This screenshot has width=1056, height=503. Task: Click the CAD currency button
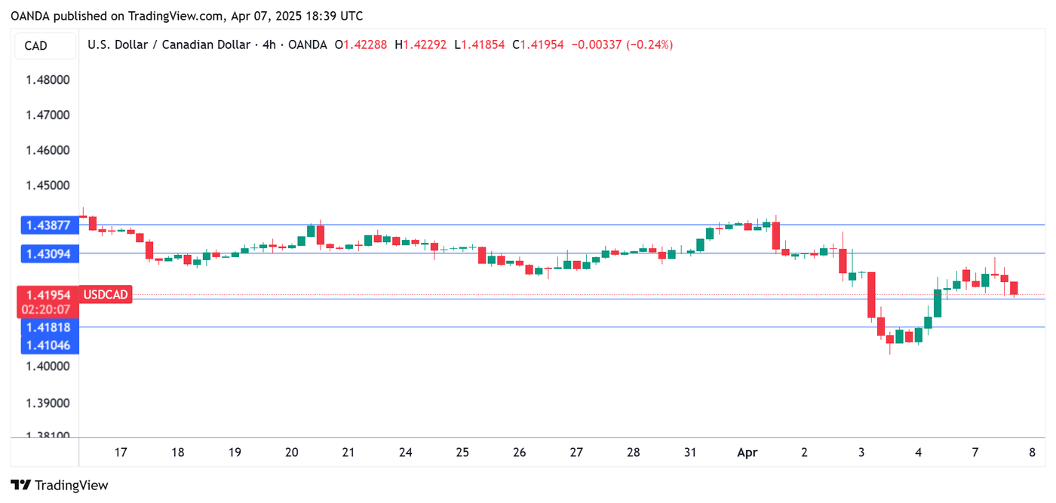coord(36,46)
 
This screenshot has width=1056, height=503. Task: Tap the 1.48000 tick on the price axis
coord(48,80)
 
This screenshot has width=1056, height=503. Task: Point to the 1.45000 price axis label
coord(48,186)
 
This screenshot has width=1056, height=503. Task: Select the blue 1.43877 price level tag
coord(48,225)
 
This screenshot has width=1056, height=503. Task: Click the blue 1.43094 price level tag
coord(48,254)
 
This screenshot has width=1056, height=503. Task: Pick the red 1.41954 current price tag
coord(48,295)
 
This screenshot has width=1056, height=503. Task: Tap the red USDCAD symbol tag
coord(106,295)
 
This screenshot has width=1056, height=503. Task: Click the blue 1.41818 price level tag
coord(48,327)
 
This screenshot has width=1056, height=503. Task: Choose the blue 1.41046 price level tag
coord(48,345)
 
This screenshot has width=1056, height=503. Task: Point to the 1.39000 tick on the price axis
coord(48,403)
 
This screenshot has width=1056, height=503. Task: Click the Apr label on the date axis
coord(747,452)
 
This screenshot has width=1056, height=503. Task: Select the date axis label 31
coord(690,452)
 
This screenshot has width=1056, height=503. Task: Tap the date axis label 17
coord(121,452)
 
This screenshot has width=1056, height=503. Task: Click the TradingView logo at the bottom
coord(60,486)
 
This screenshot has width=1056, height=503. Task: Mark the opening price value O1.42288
coord(361,44)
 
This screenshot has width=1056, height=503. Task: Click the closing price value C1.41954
coord(538,44)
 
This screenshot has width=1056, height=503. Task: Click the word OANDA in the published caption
coord(29,16)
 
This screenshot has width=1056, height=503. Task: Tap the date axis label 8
coord(1032,452)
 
